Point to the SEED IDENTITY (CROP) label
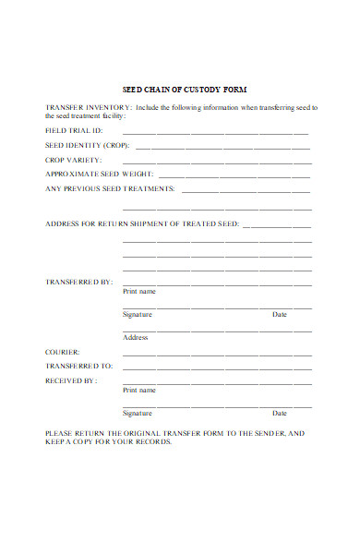[x=88, y=146]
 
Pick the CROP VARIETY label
[x=74, y=160]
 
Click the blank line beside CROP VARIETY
[x=222, y=162]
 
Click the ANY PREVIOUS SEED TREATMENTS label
[x=110, y=188]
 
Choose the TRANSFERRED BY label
[x=78, y=281]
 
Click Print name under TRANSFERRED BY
[x=139, y=291]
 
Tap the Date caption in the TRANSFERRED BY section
[x=280, y=315]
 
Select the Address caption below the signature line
[x=136, y=337]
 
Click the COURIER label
[x=63, y=352]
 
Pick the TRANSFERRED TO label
[x=78, y=366]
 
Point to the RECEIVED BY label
[x=72, y=379]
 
